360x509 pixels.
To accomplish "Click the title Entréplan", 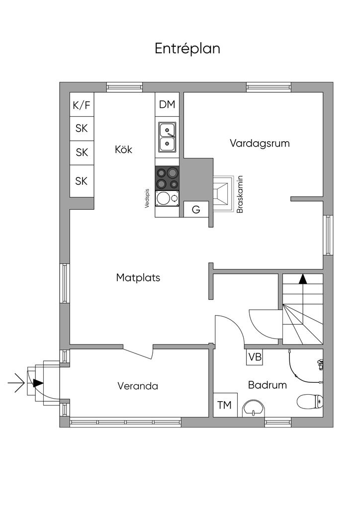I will pyautogui.click(x=187, y=49).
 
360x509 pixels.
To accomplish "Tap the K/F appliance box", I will pyautogui.click(x=82, y=105).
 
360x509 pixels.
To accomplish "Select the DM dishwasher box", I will pyautogui.click(x=167, y=104).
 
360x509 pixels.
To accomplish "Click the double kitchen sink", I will pyautogui.click(x=168, y=137).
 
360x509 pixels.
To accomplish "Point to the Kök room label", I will pyautogui.click(x=123, y=149).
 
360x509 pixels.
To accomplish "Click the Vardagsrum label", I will pyautogui.click(x=260, y=143).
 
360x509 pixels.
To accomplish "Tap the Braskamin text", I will pyautogui.click(x=240, y=194).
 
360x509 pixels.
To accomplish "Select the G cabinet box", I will pyautogui.click(x=196, y=209).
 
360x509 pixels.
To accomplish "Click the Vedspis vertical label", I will pyautogui.click(x=147, y=197).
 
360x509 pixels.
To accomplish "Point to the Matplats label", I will pyautogui.click(x=138, y=277).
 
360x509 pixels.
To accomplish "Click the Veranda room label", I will pyautogui.click(x=138, y=386).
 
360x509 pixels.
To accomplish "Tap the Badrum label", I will pyautogui.click(x=268, y=385).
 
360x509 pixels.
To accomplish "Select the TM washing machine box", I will pyautogui.click(x=225, y=405).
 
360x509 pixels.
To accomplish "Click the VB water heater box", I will pyautogui.click(x=255, y=357).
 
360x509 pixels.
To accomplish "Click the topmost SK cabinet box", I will pyautogui.click(x=82, y=128).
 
